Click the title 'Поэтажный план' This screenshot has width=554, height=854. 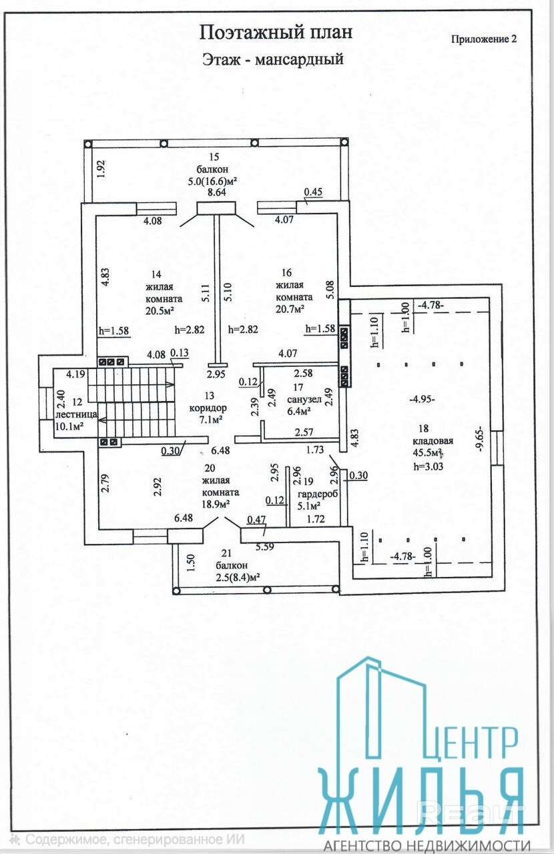(x=276, y=32)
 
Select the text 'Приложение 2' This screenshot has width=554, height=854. (x=484, y=39)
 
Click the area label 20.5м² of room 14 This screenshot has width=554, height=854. (x=160, y=310)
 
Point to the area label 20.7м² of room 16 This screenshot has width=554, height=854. (x=289, y=309)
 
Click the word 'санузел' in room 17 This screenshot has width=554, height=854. (x=304, y=399)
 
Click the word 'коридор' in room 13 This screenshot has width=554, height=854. (x=207, y=408)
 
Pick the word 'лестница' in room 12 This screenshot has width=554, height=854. (x=77, y=414)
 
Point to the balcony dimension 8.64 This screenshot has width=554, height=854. (x=218, y=192)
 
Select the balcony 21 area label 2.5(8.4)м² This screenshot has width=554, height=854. (x=237, y=578)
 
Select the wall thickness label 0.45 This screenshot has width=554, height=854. (x=312, y=193)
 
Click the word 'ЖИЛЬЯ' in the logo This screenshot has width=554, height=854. (x=421, y=797)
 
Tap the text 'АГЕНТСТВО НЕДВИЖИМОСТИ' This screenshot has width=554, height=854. (x=431, y=844)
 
